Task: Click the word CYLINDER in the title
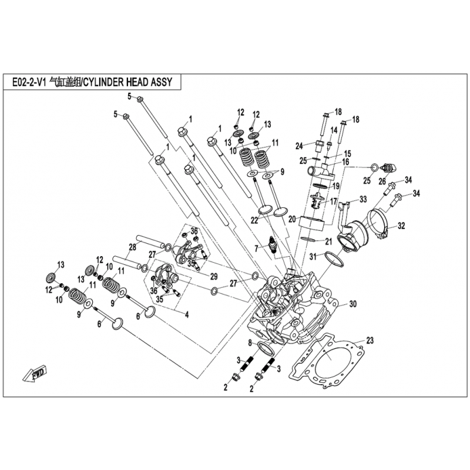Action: point(103,82)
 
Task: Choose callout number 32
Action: point(401,225)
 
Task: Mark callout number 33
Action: point(363,199)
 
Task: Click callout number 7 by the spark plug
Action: point(256,248)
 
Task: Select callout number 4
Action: point(187,315)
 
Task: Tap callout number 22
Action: point(254,220)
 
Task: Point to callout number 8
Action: point(250,343)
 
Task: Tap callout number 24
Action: point(299,145)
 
